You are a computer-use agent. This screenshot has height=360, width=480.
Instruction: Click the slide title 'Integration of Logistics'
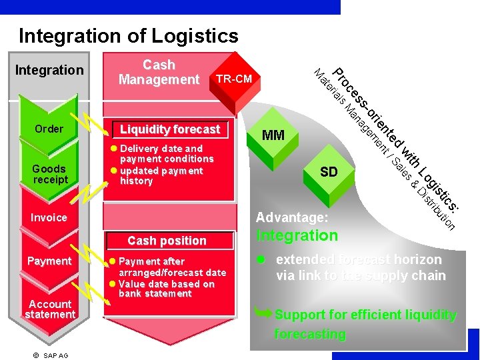click(x=128, y=35)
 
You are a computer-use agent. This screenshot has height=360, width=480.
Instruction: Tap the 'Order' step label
click(x=49, y=129)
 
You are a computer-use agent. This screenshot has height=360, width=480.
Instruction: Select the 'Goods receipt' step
click(x=49, y=174)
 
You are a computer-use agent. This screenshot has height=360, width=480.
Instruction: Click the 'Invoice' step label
click(x=49, y=217)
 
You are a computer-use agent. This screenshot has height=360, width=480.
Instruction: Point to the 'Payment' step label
click(x=49, y=261)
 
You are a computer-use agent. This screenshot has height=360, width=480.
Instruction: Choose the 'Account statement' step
click(x=49, y=309)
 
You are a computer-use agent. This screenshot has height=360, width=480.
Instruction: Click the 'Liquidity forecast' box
click(x=169, y=129)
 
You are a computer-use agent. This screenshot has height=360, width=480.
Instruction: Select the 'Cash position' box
click(x=167, y=241)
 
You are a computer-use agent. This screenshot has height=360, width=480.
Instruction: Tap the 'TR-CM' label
click(x=233, y=79)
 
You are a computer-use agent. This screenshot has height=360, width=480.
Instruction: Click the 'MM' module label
click(x=273, y=135)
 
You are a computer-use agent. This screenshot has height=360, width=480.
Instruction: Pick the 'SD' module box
click(x=329, y=172)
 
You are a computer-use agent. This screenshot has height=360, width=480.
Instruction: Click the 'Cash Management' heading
click(x=159, y=72)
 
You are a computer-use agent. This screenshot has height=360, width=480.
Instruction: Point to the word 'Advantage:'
click(x=292, y=217)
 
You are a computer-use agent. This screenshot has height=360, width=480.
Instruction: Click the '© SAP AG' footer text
click(x=51, y=355)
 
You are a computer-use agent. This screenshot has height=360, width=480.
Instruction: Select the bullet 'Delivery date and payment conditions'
click(x=165, y=153)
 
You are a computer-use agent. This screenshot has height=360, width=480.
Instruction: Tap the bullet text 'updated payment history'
click(x=160, y=176)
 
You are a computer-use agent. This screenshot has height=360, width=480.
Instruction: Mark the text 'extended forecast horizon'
click(x=359, y=259)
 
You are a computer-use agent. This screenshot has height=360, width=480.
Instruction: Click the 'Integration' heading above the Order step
click(x=49, y=70)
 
